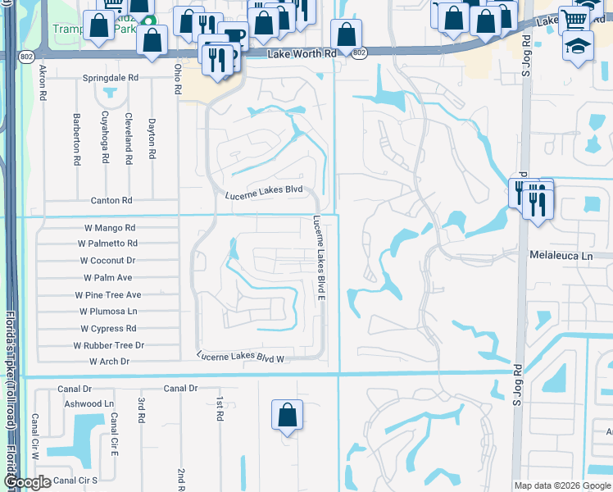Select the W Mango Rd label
(109, 228)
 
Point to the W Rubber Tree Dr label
(111, 345)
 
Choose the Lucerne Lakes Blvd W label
(239, 357)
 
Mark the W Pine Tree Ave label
(107, 294)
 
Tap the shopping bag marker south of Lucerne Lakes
(288, 415)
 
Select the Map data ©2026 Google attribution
(561, 485)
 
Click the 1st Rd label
(220, 409)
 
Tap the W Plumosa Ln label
(108, 312)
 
